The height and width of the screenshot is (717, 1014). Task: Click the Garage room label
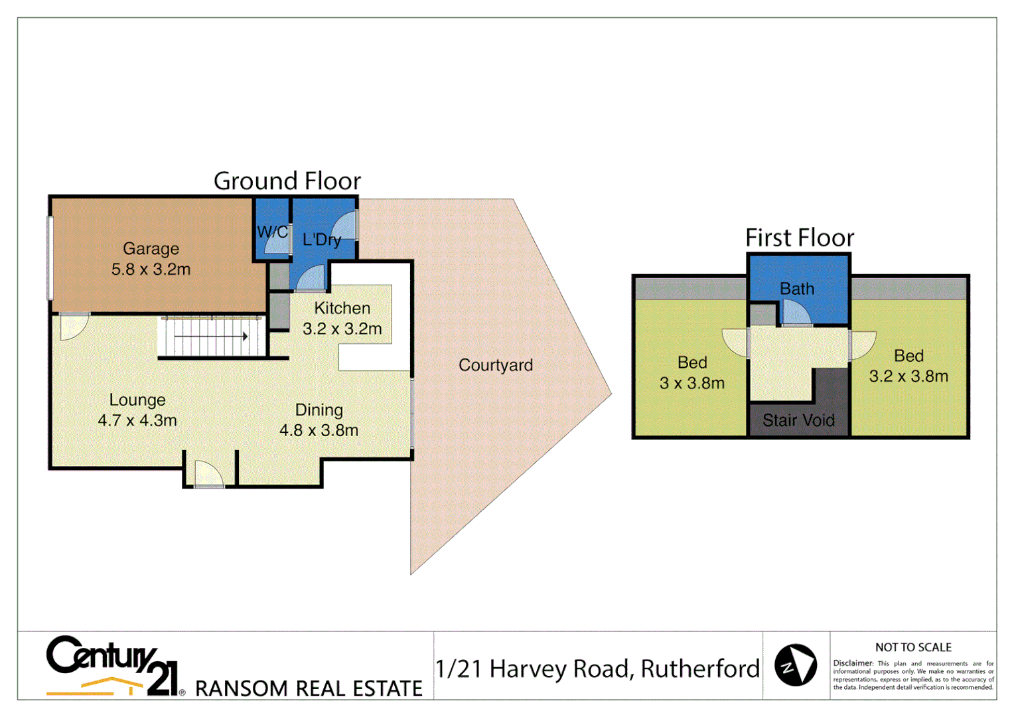(151, 249)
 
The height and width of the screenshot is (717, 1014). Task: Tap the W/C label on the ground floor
(272, 232)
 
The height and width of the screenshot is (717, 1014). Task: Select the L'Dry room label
(322, 240)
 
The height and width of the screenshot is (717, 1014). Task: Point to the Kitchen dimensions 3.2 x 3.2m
(342, 329)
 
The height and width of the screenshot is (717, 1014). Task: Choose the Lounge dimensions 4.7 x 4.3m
(137, 420)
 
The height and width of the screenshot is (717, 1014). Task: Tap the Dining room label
(319, 410)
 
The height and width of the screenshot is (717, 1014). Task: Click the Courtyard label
(496, 365)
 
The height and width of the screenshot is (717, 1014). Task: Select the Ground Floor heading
(287, 181)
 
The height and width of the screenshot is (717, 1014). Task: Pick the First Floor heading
(800, 238)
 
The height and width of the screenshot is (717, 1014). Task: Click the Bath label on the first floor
(797, 289)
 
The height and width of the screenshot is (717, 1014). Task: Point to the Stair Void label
(798, 420)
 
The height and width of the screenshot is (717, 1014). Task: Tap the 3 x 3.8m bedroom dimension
(692, 383)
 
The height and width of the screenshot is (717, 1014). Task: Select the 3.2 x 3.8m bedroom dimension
(908, 376)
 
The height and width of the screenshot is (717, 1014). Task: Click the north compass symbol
(796, 665)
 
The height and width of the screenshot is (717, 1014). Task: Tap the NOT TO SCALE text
(913, 647)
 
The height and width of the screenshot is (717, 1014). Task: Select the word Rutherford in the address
(700, 669)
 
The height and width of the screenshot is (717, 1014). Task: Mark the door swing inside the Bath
(796, 313)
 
